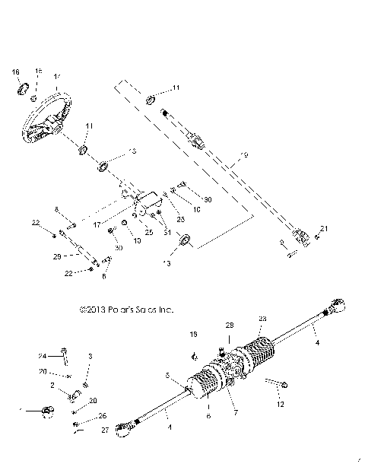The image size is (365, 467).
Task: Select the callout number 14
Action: pyautogui.click(x=57, y=77)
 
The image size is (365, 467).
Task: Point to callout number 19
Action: pyautogui.click(x=244, y=157)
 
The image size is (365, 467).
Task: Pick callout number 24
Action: pyautogui.click(x=43, y=356)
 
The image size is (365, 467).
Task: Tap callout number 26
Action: pyautogui.click(x=103, y=415)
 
